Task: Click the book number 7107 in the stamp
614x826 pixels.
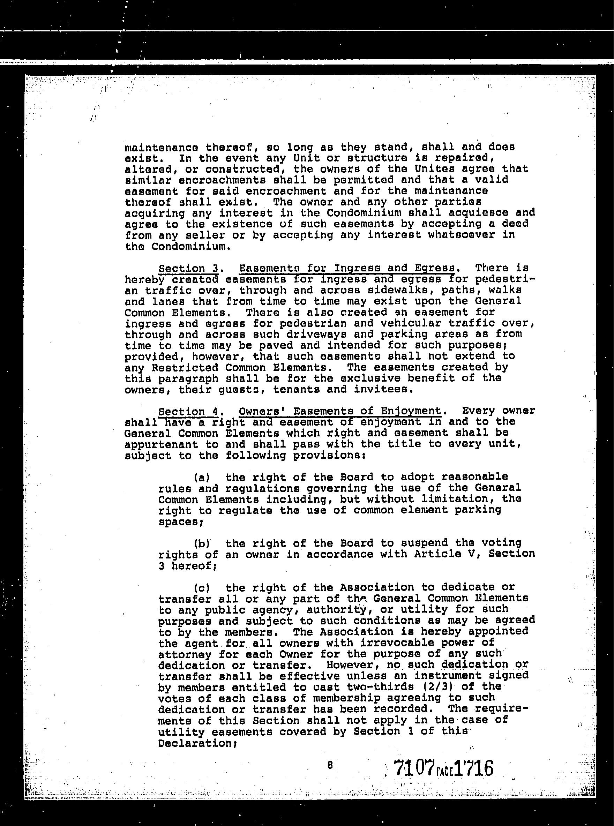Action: [414, 768]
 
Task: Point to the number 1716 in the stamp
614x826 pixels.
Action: [473, 768]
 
